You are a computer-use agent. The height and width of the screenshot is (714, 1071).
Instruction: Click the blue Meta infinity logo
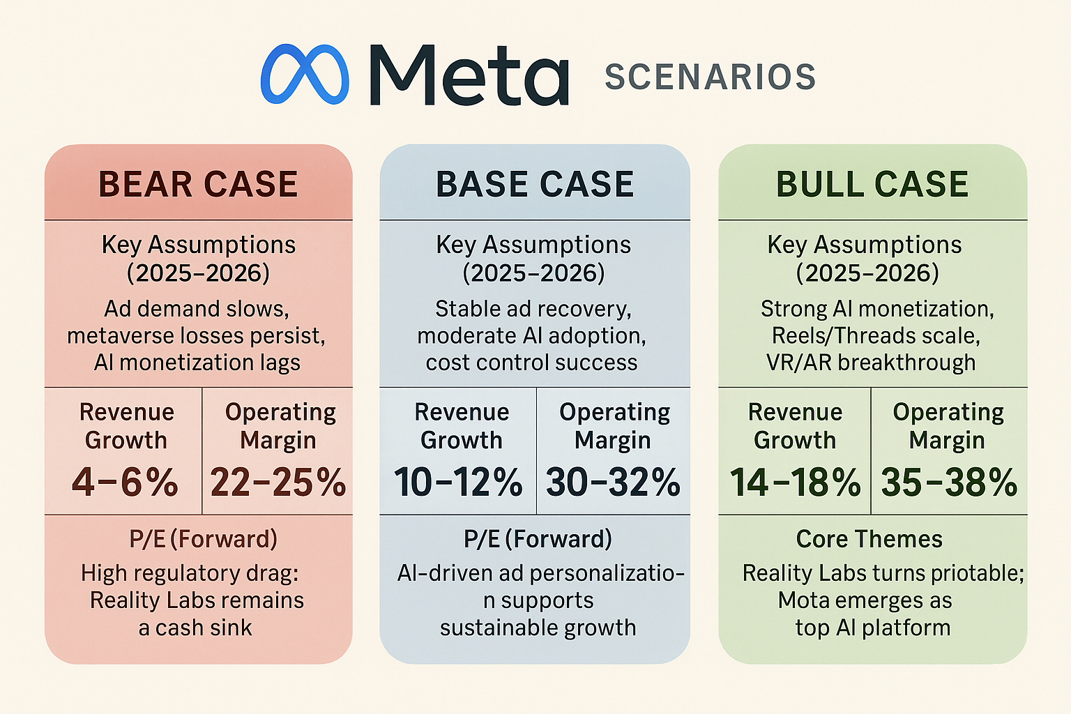[305, 75]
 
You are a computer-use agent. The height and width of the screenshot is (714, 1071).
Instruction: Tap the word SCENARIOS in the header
[710, 77]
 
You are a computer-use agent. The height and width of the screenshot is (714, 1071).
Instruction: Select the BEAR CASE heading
[198, 184]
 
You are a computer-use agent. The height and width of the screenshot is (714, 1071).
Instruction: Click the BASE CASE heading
[535, 184]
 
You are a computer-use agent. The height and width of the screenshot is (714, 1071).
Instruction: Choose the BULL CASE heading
[872, 184]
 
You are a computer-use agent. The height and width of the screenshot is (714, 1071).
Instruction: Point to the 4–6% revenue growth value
[125, 483]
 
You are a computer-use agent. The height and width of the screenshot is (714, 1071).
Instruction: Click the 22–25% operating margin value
[278, 483]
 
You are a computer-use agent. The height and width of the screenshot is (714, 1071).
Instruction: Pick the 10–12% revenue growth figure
[458, 483]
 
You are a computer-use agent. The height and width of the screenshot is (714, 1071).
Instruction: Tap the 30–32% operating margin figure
[613, 483]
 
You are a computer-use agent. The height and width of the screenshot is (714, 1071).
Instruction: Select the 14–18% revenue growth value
[795, 483]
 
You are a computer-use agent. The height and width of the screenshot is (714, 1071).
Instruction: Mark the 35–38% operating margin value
[949, 483]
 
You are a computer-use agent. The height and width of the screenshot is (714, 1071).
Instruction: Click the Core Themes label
[869, 539]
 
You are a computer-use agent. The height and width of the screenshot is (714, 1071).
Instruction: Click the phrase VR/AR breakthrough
[871, 363]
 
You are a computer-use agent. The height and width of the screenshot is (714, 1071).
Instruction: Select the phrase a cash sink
[195, 628]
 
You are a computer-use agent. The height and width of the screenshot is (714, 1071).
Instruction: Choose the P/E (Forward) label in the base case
[538, 539]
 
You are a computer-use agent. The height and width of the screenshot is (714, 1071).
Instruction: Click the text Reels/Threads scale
[876, 336]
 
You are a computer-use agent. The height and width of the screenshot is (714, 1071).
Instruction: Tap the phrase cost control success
[531, 363]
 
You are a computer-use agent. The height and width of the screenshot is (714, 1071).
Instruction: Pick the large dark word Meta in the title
[468, 75]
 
